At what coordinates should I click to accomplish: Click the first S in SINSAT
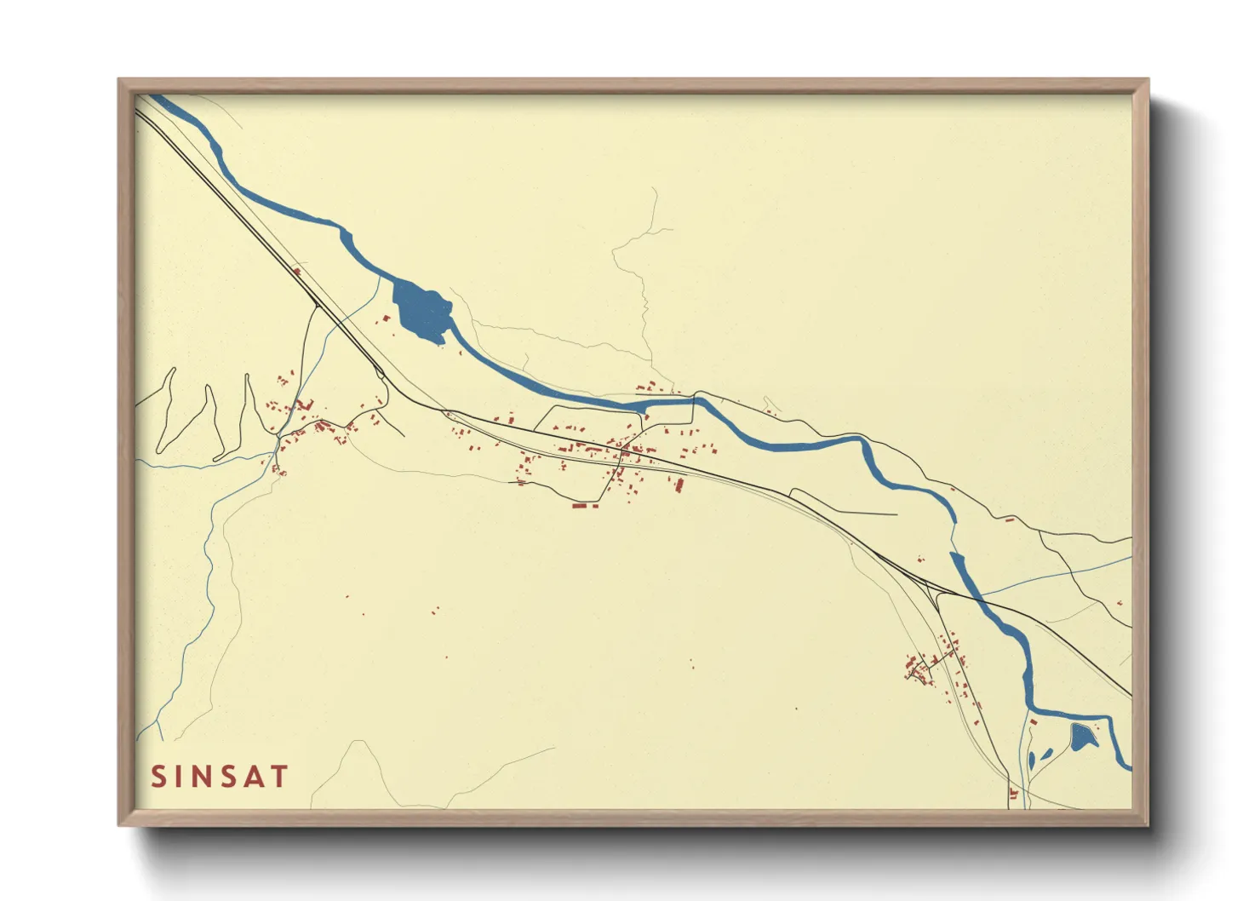(x=158, y=777)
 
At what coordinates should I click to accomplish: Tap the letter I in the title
(x=180, y=777)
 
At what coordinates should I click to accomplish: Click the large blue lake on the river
(x=421, y=310)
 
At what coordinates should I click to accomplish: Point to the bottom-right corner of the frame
(x=1147, y=824)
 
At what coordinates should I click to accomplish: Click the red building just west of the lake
(x=385, y=320)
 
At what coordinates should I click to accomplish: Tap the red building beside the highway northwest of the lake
(x=297, y=272)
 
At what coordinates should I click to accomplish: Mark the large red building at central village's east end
(x=679, y=485)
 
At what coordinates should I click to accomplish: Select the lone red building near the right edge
(x=1120, y=603)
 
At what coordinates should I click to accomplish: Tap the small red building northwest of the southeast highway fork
(x=919, y=560)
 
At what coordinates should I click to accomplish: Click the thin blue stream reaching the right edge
(x=1107, y=563)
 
